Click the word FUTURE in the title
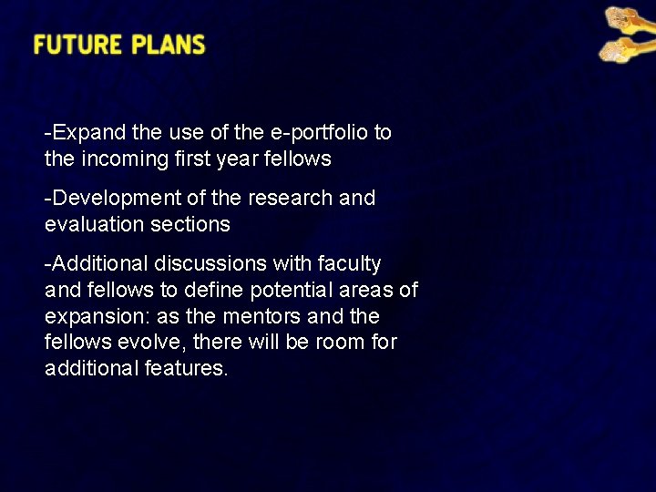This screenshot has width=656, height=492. (x=77, y=45)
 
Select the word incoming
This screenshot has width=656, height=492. (x=127, y=159)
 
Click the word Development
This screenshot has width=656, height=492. (x=112, y=198)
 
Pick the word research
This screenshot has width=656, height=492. (x=288, y=198)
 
